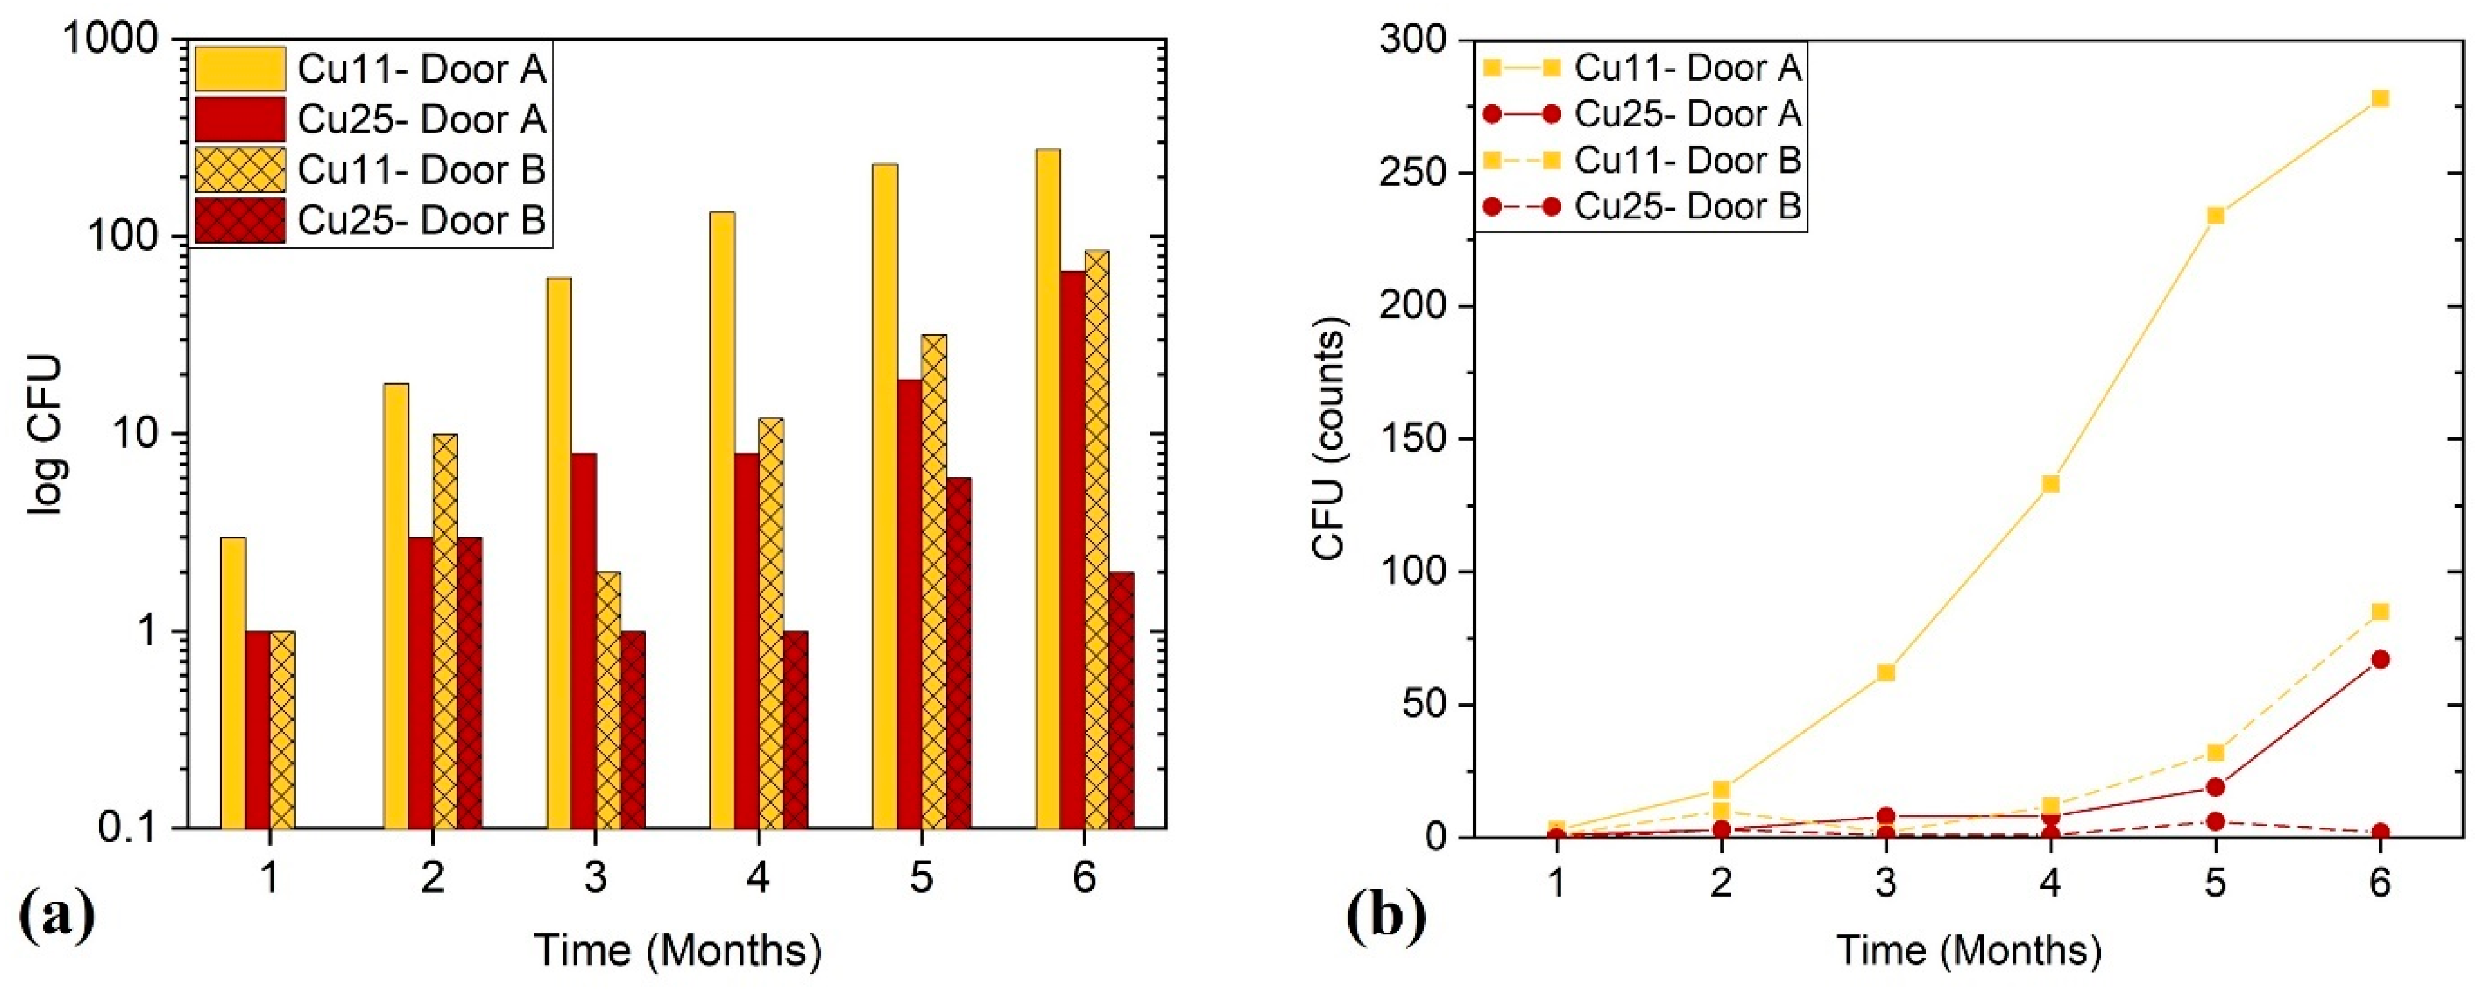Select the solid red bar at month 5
pos(910,603)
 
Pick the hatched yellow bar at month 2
pos(445,630)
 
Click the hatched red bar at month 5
pos(959,652)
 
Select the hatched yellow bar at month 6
pos(1097,538)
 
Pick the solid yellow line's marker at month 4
pos(2051,483)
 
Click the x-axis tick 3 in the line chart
pos(1886,881)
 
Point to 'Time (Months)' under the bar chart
pos(677,950)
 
